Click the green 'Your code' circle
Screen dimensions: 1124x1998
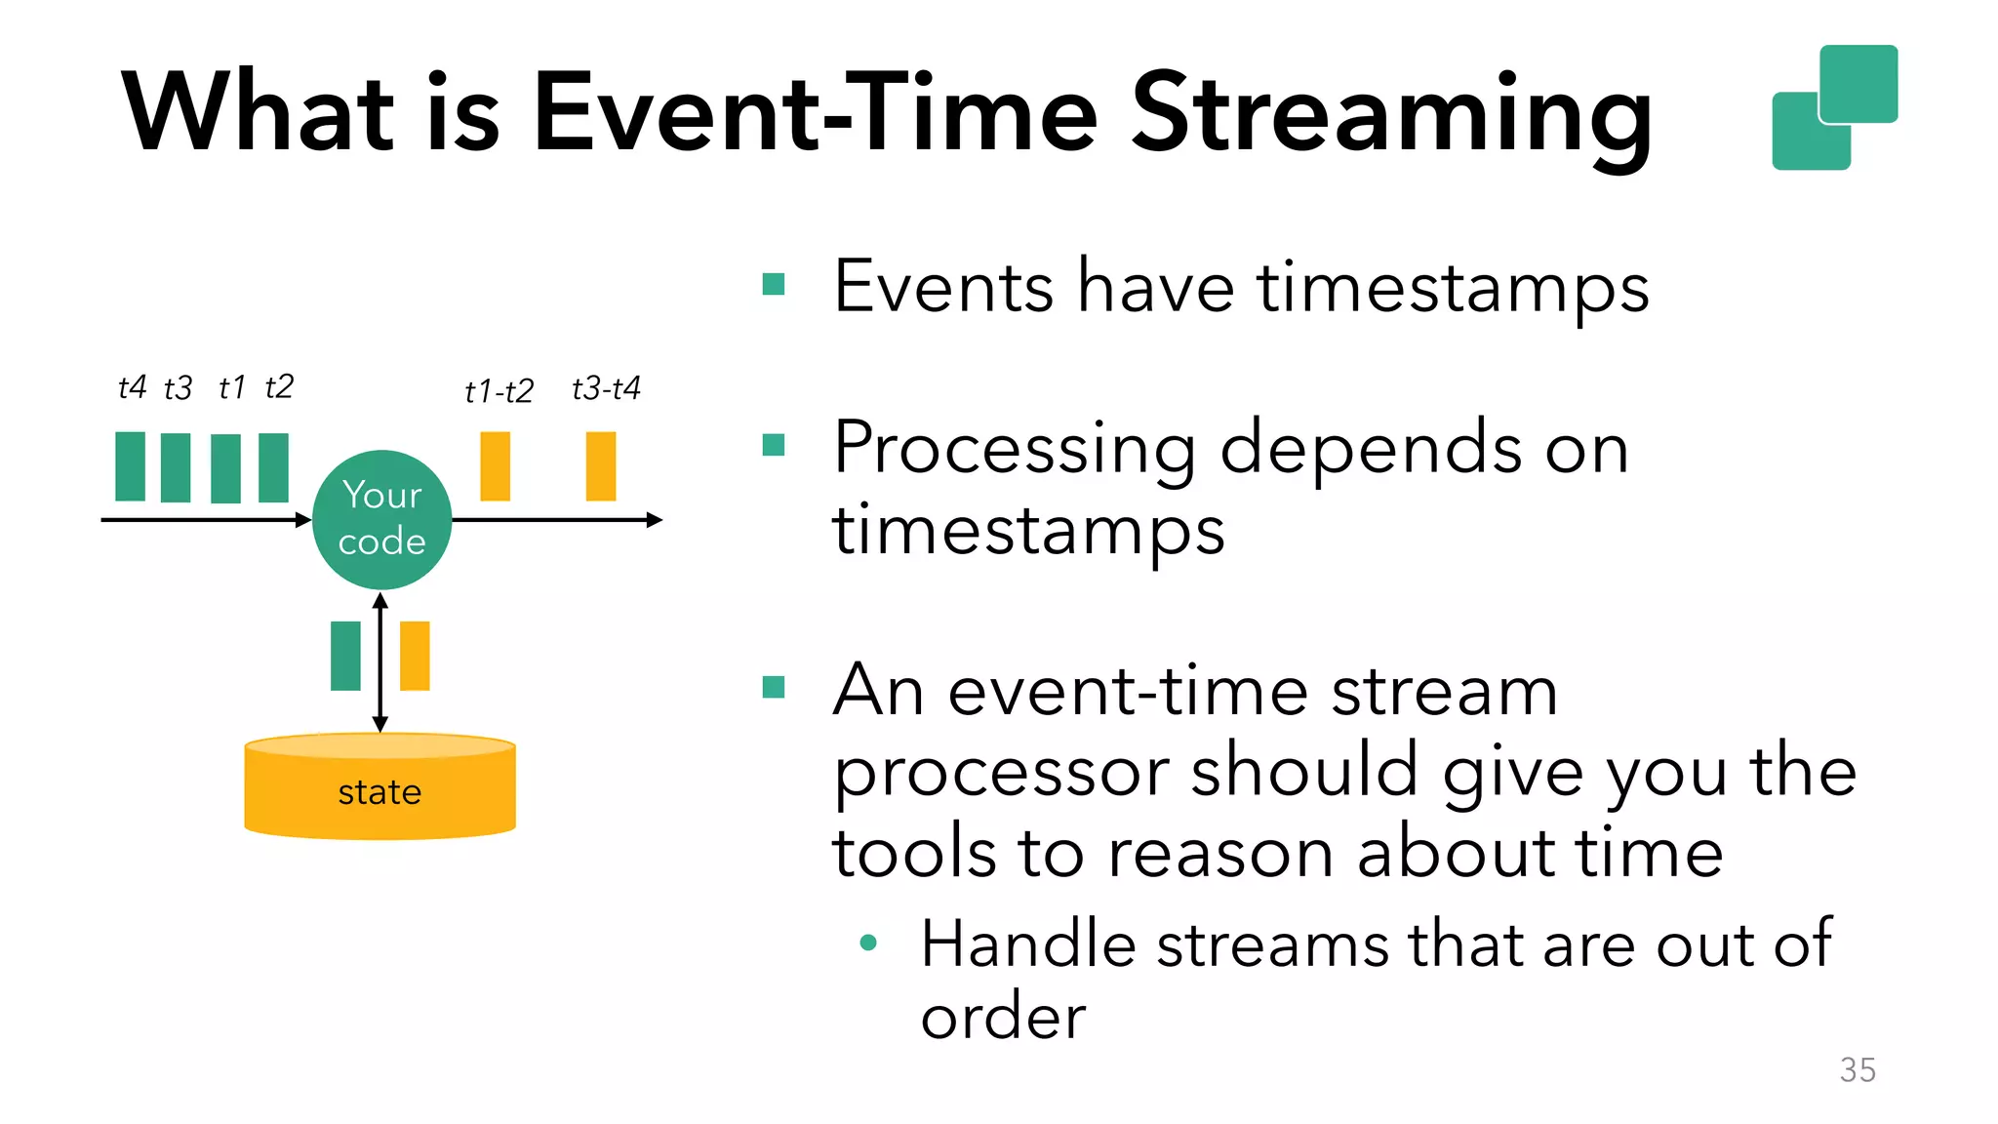381,519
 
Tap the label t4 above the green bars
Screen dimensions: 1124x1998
132,387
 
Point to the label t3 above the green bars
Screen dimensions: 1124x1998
178,388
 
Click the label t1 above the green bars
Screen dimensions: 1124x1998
231,387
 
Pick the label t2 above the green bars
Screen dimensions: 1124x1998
279,386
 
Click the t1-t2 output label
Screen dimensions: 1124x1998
499,391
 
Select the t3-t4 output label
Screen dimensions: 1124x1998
606,388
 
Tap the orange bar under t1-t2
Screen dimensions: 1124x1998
495,466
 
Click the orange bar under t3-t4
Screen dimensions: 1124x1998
601,466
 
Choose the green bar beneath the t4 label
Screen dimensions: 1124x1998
130,466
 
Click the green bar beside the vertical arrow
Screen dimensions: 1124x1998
345,656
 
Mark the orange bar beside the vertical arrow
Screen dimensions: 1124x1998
415,656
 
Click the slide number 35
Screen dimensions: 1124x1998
1858,1070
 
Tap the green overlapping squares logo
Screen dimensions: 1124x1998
1834,107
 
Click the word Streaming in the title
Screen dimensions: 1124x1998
1391,115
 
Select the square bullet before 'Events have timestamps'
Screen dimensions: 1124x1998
774,284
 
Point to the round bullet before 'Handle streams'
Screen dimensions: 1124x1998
868,943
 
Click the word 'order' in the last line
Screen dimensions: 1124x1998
1003,1017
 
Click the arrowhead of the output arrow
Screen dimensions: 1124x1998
656,520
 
